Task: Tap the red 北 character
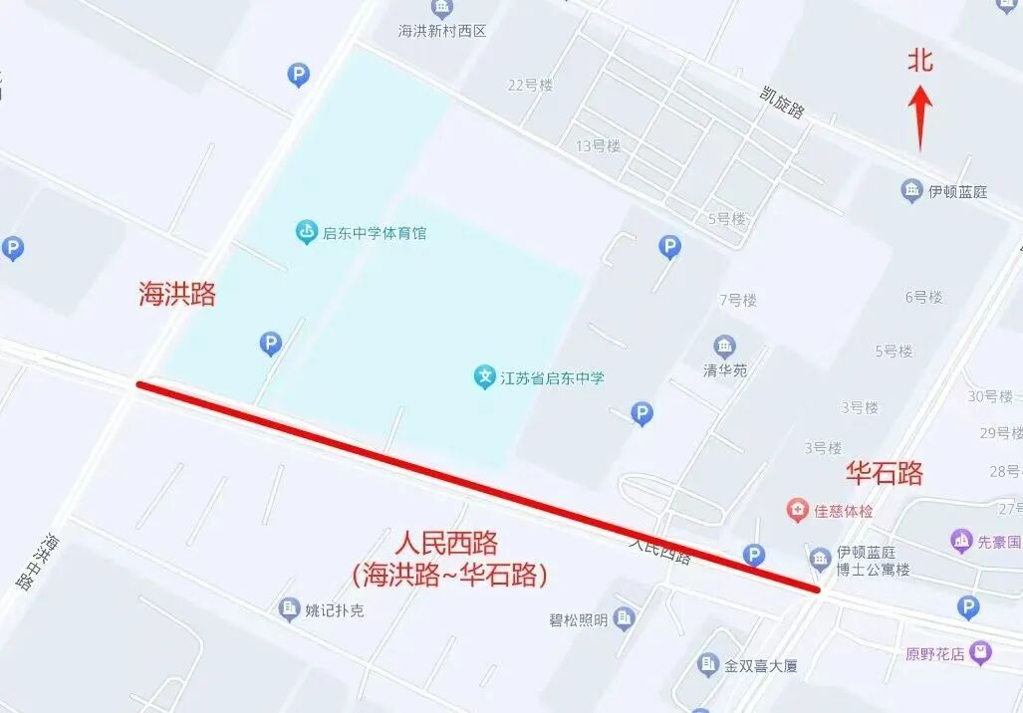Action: coord(919,61)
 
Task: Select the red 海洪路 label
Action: coord(177,294)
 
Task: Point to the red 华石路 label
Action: coord(884,472)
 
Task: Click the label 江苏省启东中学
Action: coord(552,378)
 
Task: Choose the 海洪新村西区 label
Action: coord(442,31)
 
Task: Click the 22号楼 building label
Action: coord(530,86)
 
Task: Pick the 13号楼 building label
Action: coord(598,145)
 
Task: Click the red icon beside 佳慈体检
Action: coord(797,511)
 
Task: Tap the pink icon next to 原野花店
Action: coord(981,653)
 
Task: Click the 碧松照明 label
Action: coord(578,620)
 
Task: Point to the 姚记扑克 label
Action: coord(335,609)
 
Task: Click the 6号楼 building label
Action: coord(922,297)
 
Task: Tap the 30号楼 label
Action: coord(990,396)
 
